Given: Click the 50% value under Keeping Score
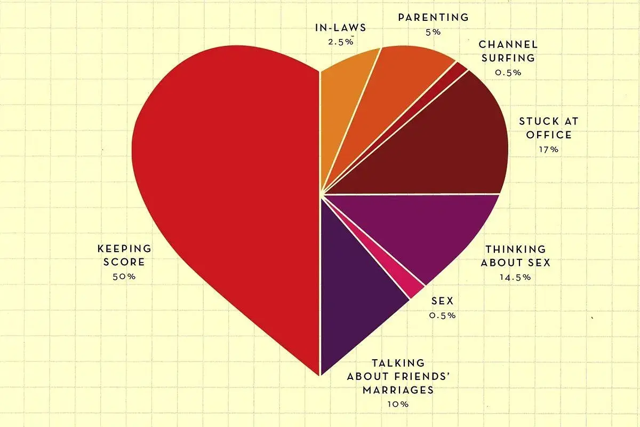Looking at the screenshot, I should coord(124,276).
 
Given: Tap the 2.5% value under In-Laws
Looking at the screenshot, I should coord(340,41).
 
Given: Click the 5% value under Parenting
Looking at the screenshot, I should coord(433,31).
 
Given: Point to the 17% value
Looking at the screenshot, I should coord(549,149).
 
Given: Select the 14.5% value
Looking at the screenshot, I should coord(516,276).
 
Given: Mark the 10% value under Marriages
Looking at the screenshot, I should coord(398,404).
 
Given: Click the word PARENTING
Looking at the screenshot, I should coord(433,18).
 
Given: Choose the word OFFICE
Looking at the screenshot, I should coord(549,135).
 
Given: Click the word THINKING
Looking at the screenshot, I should coord(515,249).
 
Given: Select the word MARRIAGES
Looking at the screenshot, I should coord(398,390).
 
